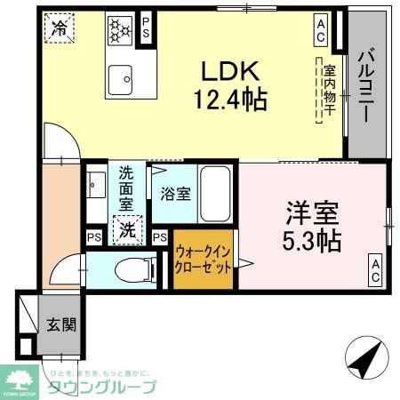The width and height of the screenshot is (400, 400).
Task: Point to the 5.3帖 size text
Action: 308,242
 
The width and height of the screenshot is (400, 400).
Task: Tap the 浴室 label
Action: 175,193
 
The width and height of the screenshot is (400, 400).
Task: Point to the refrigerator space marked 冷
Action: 58,28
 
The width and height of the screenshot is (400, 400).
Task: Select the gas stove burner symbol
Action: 118,29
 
